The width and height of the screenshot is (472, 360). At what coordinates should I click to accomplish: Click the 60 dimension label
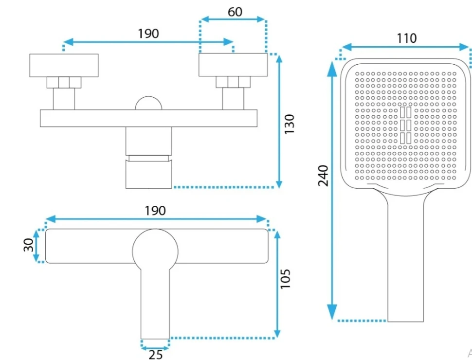(235, 11)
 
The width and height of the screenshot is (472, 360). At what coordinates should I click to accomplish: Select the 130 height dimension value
(289, 125)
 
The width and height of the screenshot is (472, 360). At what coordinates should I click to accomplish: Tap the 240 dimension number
(323, 175)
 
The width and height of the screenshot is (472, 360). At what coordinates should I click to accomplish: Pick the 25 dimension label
(156, 355)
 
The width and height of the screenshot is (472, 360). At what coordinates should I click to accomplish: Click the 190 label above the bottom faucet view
(155, 210)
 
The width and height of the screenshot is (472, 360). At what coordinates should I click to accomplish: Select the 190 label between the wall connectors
(148, 34)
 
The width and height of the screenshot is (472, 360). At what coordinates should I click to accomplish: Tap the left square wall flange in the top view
(64, 65)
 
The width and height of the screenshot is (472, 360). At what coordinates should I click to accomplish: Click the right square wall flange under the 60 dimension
(233, 65)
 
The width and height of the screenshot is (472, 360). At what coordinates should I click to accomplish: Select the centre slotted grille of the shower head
(405, 125)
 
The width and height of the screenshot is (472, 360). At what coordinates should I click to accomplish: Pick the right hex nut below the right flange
(233, 82)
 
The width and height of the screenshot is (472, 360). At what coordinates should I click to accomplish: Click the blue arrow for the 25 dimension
(155, 347)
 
